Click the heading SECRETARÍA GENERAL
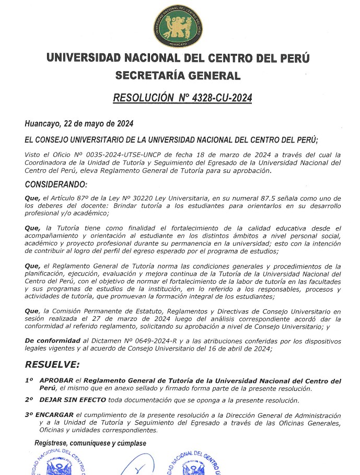[x=178, y=76]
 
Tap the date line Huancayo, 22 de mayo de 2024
[x=79, y=124]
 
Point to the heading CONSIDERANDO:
[x=56, y=184]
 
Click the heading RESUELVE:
[x=52, y=364]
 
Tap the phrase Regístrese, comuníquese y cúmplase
[x=90, y=443]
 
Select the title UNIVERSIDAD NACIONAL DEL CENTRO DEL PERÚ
[x=178, y=57]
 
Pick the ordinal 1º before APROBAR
[x=29, y=380]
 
